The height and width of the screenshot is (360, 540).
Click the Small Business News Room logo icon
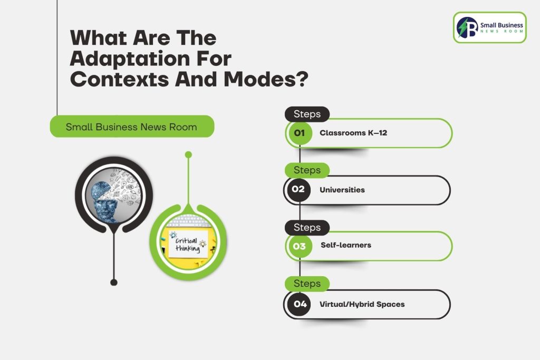[467, 27]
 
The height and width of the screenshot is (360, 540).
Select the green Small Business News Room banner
[131, 127]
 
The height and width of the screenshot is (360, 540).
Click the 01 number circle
[300, 133]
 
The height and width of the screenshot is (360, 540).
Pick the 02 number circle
[298, 190]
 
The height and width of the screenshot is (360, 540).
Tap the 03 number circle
[300, 246]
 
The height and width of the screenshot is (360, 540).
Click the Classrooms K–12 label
[353, 133]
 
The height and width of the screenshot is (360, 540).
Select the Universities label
[342, 190]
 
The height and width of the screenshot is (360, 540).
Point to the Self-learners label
[346, 245]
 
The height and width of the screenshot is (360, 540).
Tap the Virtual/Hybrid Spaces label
[362, 304]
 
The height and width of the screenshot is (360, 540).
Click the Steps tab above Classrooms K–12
[307, 114]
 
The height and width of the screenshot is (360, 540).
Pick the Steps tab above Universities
[307, 170]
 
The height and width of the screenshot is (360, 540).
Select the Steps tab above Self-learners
[307, 228]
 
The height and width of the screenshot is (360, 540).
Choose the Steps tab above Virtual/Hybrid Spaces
[307, 284]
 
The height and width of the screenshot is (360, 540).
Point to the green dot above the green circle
[188, 154]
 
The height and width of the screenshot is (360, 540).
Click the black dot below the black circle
[113, 283]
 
